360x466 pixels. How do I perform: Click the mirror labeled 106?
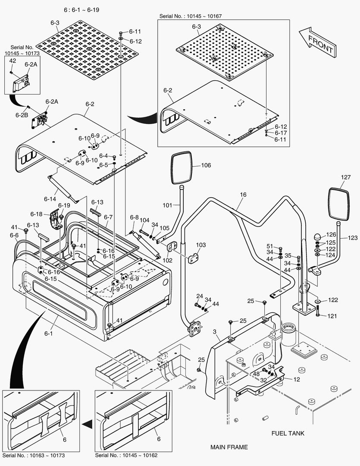[x=181, y=167]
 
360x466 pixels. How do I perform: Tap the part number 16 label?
[x=243, y=195]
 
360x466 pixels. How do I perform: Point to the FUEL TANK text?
[x=288, y=433]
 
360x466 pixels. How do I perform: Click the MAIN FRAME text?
[x=229, y=447]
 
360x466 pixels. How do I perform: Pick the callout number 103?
[x=201, y=245]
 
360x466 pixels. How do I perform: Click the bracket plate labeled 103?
[x=192, y=258]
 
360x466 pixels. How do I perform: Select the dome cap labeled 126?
[x=317, y=236]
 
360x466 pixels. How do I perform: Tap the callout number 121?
[x=331, y=316]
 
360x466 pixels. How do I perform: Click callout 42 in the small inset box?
[x=13, y=61]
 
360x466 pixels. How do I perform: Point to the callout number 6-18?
[x=36, y=214]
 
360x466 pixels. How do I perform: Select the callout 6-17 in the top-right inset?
[x=281, y=133]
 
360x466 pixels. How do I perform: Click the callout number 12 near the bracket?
[x=297, y=379]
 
